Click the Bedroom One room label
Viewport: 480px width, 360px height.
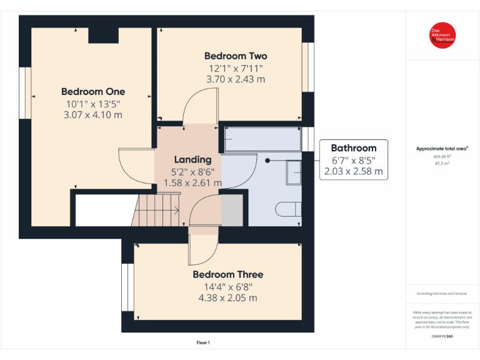92,92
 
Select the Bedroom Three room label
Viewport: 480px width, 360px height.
227,274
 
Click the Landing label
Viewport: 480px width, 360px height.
192,159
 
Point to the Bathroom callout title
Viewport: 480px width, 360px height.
353,148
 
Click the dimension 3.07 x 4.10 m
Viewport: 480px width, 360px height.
92,115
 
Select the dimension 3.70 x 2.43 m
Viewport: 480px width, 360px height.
235,79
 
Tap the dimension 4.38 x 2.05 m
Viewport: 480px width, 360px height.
227,297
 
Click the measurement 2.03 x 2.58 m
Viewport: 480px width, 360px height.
353,171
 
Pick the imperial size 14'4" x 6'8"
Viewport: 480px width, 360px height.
227,286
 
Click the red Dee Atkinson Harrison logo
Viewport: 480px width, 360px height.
442,36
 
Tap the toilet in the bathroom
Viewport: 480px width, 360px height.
289,209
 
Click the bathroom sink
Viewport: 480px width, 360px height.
294,172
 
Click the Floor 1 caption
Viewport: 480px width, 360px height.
203,342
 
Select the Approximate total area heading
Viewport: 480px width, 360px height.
442,148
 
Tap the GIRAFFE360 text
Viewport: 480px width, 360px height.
442,337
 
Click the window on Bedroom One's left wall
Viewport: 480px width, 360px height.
26,92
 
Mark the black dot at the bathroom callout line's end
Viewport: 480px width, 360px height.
267,160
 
